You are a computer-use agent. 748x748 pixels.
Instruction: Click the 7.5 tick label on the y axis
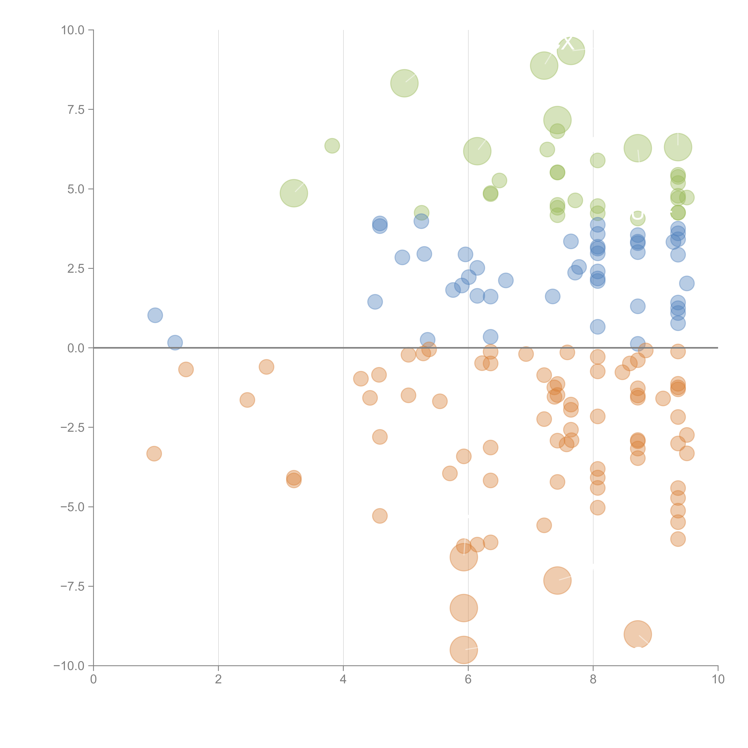pyautogui.click(x=76, y=110)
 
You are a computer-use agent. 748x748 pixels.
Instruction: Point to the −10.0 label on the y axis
pyautogui.click(x=69, y=666)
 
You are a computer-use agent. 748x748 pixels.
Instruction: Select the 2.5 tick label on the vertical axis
pyautogui.click(x=76, y=269)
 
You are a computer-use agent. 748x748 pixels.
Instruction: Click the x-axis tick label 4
pyautogui.click(x=343, y=679)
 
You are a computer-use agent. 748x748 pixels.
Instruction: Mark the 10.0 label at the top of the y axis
pyautogui.click(x=73, y=30)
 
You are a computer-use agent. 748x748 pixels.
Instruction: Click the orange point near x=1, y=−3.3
pyautogui.click(x=154, y=453)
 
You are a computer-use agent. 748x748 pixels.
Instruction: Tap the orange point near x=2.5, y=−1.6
pyautogui.click(x=247, y=400)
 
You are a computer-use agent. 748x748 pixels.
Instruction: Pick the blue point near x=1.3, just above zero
pyautogui.click(x=175, y=342)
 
